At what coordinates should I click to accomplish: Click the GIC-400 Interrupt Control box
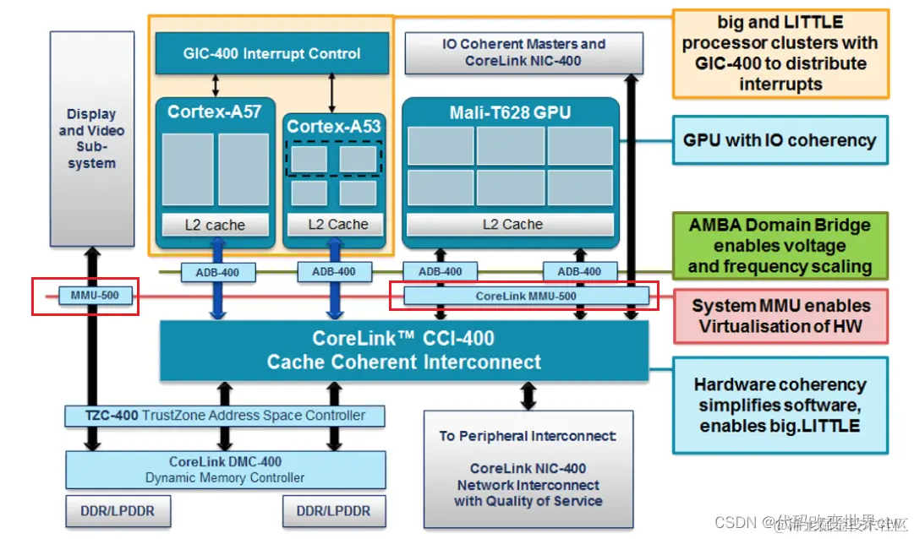pos(272,53)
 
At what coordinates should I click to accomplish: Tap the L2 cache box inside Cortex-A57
pos(215,225)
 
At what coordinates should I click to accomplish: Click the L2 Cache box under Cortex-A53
pos(337,225)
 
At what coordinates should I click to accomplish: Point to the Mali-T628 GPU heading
pos(510,112)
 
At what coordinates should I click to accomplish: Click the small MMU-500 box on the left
pos(95,296)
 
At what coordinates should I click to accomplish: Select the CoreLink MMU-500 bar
pos(526,296)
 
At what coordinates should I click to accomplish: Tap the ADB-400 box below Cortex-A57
pos(217,271)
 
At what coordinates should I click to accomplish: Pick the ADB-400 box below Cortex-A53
pos(334,271)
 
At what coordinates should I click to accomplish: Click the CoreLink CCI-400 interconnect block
pos(404,350)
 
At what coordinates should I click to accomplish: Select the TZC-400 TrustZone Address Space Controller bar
pos(225,415)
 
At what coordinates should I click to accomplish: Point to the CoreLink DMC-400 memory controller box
pos(225,470)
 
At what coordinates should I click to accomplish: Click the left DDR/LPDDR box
pos(118,511)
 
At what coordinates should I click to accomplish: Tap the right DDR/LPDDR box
pos(334,511)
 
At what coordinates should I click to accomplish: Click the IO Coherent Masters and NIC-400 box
pos(524,52)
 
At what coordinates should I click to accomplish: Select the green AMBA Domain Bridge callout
pos(780,246)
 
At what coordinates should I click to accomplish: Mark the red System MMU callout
pos(780,316)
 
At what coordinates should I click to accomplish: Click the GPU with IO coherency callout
pos(780,140)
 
